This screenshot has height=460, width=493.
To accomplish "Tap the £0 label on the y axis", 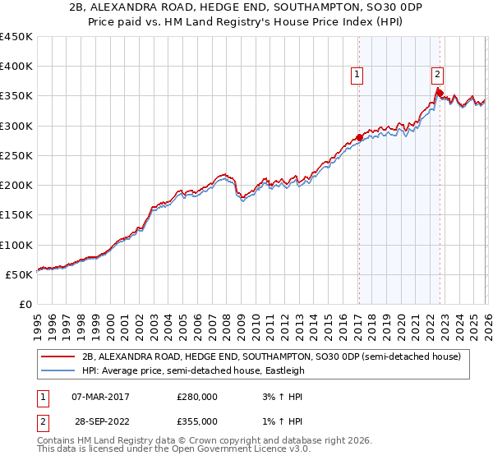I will pos(26,305).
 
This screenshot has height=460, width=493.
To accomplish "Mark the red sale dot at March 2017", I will pos(359,138).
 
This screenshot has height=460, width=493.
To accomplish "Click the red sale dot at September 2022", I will pos(440,93).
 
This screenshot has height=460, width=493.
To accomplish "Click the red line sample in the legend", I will pos(58,357).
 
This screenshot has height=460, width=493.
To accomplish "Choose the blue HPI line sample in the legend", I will pos(58,371).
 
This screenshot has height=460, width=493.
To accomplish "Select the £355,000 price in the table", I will pos(197,421).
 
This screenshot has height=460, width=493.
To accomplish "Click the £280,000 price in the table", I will pos(197,397).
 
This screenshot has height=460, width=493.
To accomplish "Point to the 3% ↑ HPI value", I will pos(280,397).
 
